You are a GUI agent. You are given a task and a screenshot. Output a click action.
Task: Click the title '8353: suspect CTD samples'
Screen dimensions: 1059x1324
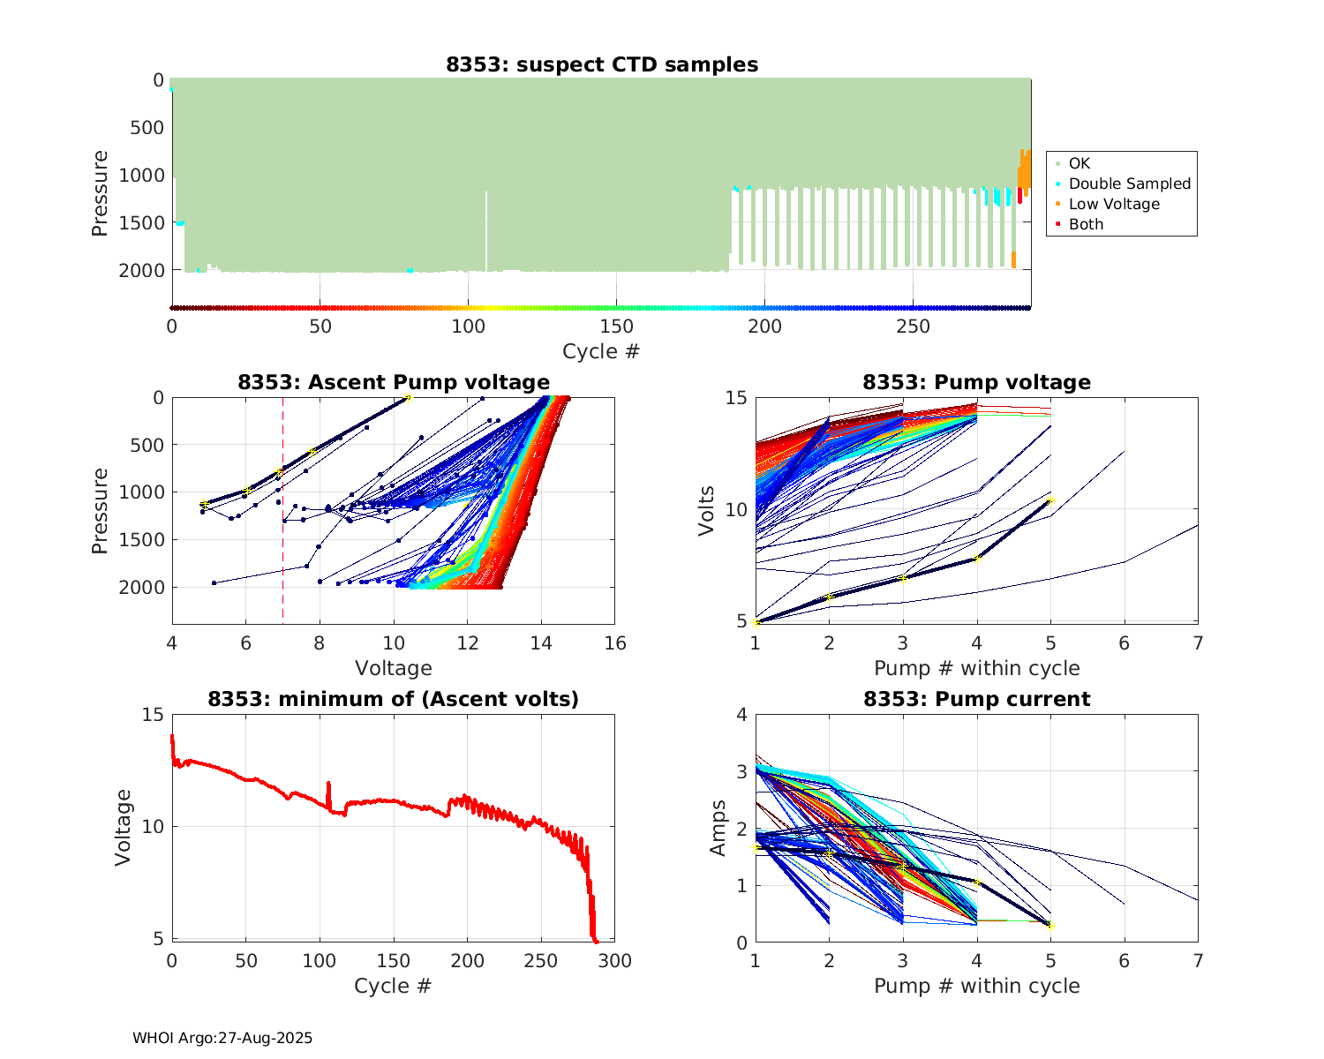click(601, 64)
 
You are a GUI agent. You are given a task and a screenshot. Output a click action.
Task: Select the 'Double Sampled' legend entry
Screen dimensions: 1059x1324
click(1129, 184)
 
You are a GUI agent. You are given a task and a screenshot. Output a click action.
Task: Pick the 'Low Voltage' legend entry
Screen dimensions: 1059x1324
click(1114, 204)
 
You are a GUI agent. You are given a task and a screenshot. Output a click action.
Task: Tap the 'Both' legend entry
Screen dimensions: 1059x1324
click(1086, 224)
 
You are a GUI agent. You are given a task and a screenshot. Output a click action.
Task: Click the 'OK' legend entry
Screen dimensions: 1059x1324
click(1079, 163)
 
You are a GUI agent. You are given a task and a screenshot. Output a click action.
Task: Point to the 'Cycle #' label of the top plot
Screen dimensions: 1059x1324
click(601, 351)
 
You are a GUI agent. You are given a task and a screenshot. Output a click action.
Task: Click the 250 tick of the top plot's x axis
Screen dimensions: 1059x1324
click(914, 327)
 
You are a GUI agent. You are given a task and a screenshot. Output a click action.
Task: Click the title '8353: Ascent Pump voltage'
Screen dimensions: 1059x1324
click(394, 382)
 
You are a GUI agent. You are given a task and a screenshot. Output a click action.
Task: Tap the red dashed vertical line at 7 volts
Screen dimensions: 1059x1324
click(283, 547)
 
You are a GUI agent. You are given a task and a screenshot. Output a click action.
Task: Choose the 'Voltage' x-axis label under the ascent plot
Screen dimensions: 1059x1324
click(394, 668)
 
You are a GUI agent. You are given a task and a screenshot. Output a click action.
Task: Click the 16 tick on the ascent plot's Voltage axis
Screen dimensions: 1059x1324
click(615, 643)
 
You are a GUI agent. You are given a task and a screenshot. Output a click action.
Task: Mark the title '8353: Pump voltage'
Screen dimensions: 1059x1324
click(976, 382)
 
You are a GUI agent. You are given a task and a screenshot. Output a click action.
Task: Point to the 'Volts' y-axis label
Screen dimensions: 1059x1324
click(706, 510)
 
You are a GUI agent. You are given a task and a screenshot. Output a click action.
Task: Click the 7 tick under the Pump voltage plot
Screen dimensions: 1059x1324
click(1198, 643)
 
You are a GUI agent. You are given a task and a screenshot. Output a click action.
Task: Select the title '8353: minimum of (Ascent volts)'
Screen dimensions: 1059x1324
click(394, 699)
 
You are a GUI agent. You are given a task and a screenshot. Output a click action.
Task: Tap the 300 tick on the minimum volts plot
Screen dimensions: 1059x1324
click(615, 961)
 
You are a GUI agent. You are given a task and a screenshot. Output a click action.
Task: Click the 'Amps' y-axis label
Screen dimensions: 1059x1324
click(718, 828)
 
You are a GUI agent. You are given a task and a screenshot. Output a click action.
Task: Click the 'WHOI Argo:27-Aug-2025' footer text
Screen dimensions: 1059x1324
click(222, 1038)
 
